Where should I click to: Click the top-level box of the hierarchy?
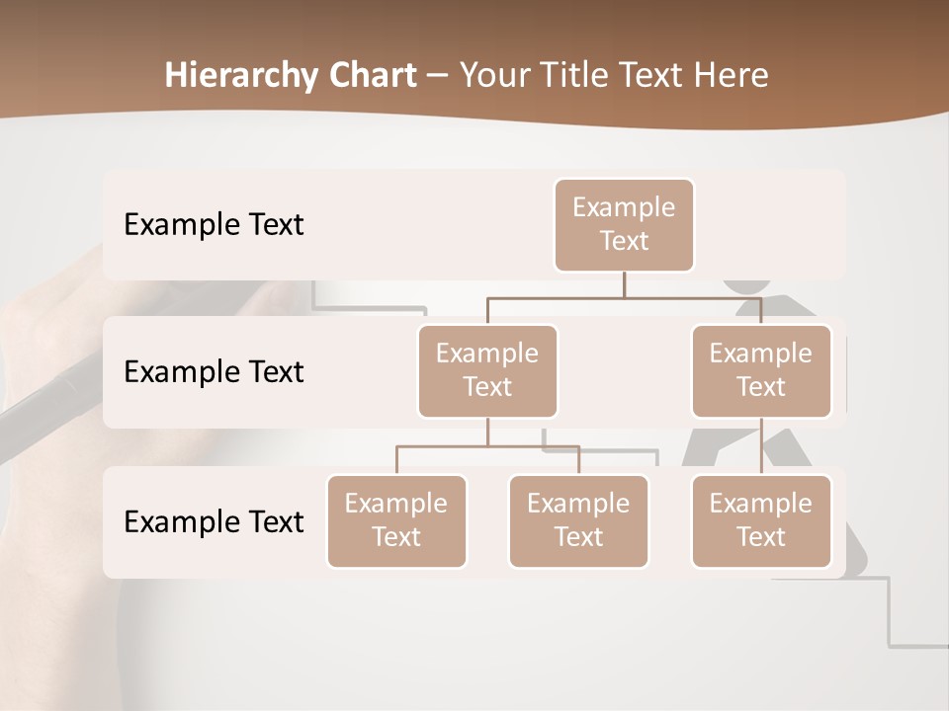[x=624, y=225]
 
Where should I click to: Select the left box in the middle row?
[x=487, y=371]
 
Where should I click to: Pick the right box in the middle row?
[x=761, y=371]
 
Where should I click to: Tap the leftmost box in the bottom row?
[x=396, y=521]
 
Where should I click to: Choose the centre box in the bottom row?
[x=578, y=521]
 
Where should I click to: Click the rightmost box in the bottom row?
[x=761, y=521]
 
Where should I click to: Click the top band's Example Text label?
[x=214, y=225]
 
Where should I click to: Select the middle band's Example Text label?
[x=214, y=372]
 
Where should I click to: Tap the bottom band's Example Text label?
[x=214, y=522]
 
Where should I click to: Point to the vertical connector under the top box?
[x=624, y=283]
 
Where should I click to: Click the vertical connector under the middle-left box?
[x=487, y=432]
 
